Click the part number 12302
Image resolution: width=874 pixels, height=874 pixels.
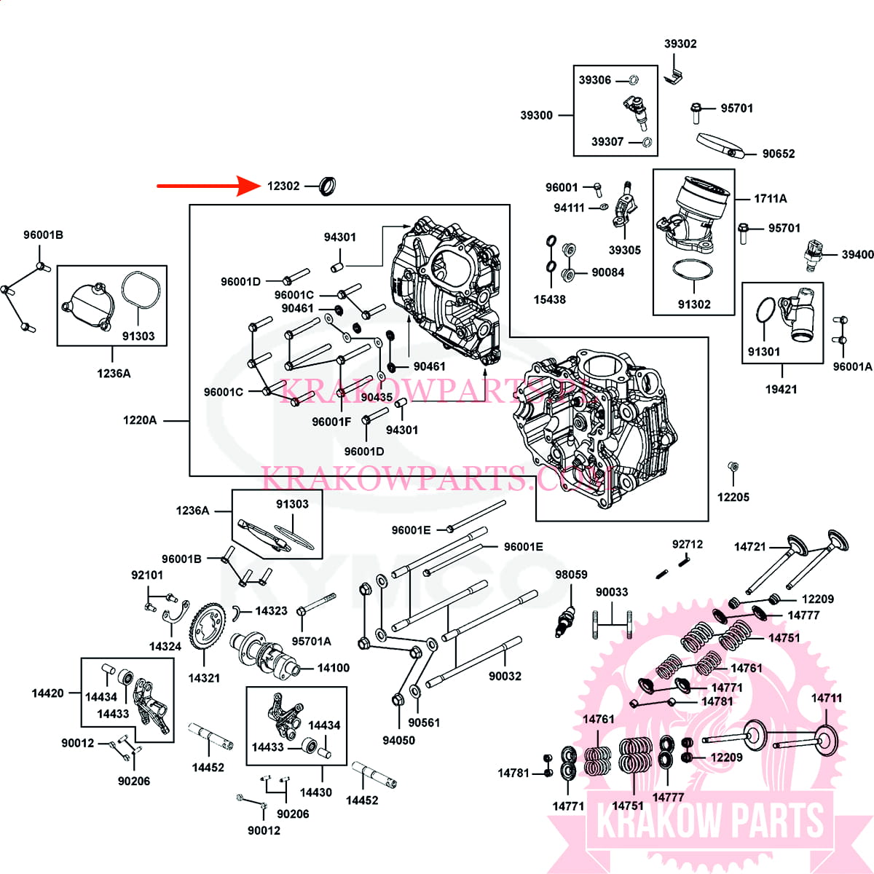283,186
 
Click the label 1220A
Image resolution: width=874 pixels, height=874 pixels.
140,420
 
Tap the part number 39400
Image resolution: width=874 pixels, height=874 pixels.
857,255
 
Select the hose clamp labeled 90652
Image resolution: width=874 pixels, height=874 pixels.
720,145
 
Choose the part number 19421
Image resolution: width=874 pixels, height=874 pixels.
781,390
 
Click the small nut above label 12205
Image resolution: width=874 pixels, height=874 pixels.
733,467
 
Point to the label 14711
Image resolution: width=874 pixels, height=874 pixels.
827,698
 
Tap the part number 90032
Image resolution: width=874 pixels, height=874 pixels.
505,677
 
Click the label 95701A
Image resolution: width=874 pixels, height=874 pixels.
311,642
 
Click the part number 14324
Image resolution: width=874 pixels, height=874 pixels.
165,646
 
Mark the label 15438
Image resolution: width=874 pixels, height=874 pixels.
549,299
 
